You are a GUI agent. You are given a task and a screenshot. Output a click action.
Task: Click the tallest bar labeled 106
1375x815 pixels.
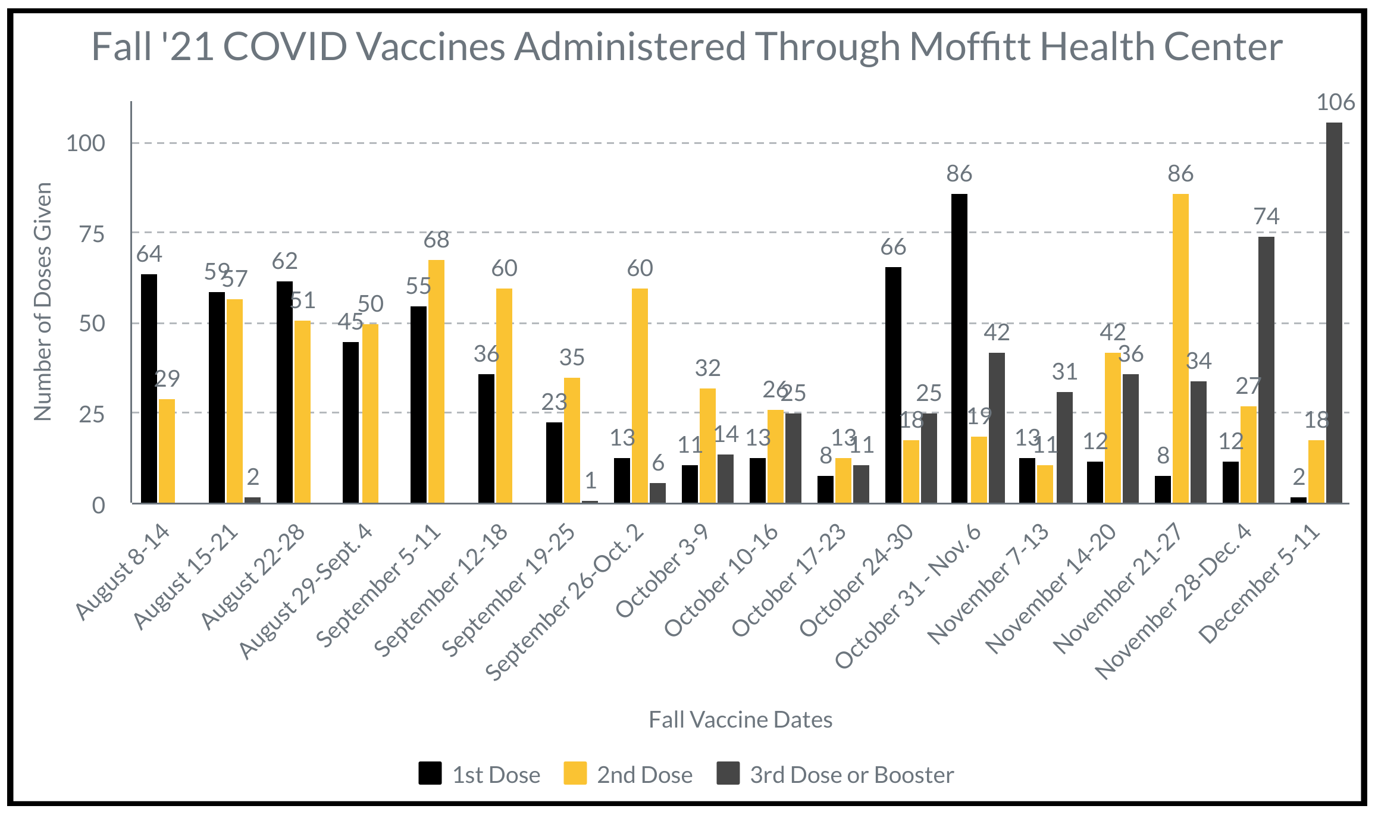click(1334, 313)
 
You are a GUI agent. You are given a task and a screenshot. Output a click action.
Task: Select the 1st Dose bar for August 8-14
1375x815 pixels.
click(149, 388)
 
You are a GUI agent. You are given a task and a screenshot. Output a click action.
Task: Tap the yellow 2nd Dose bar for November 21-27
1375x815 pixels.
click(1180, 349)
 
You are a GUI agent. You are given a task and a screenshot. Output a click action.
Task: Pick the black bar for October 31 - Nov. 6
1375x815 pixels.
click(959, 349)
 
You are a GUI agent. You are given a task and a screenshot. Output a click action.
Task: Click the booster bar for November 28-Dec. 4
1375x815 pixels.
click(1266, 370)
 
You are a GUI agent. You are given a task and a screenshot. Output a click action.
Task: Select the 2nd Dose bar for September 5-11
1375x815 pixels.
click(436, 381)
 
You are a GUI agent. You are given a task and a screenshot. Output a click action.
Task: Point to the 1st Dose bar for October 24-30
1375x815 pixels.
click(893, 385)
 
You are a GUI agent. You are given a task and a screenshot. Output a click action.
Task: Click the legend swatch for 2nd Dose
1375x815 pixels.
click(575, 773)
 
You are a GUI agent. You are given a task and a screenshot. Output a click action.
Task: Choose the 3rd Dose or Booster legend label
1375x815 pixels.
click(852, 775)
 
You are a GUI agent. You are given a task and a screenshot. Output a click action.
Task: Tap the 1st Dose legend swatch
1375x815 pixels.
click(430, 773)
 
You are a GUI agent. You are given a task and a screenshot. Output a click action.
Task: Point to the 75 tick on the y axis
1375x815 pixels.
click(92, 234)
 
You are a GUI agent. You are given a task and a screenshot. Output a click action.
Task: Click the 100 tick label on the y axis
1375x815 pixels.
click(86, 143)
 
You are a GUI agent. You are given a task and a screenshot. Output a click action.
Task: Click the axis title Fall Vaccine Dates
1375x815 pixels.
click(740, 720)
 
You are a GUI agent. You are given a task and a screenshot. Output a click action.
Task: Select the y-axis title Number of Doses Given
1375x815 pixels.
click(43, 302)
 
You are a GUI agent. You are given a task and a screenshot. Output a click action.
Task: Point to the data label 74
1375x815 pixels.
click(1266, 216)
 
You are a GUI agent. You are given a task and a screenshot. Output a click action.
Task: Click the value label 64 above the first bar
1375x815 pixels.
click(149, 254)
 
